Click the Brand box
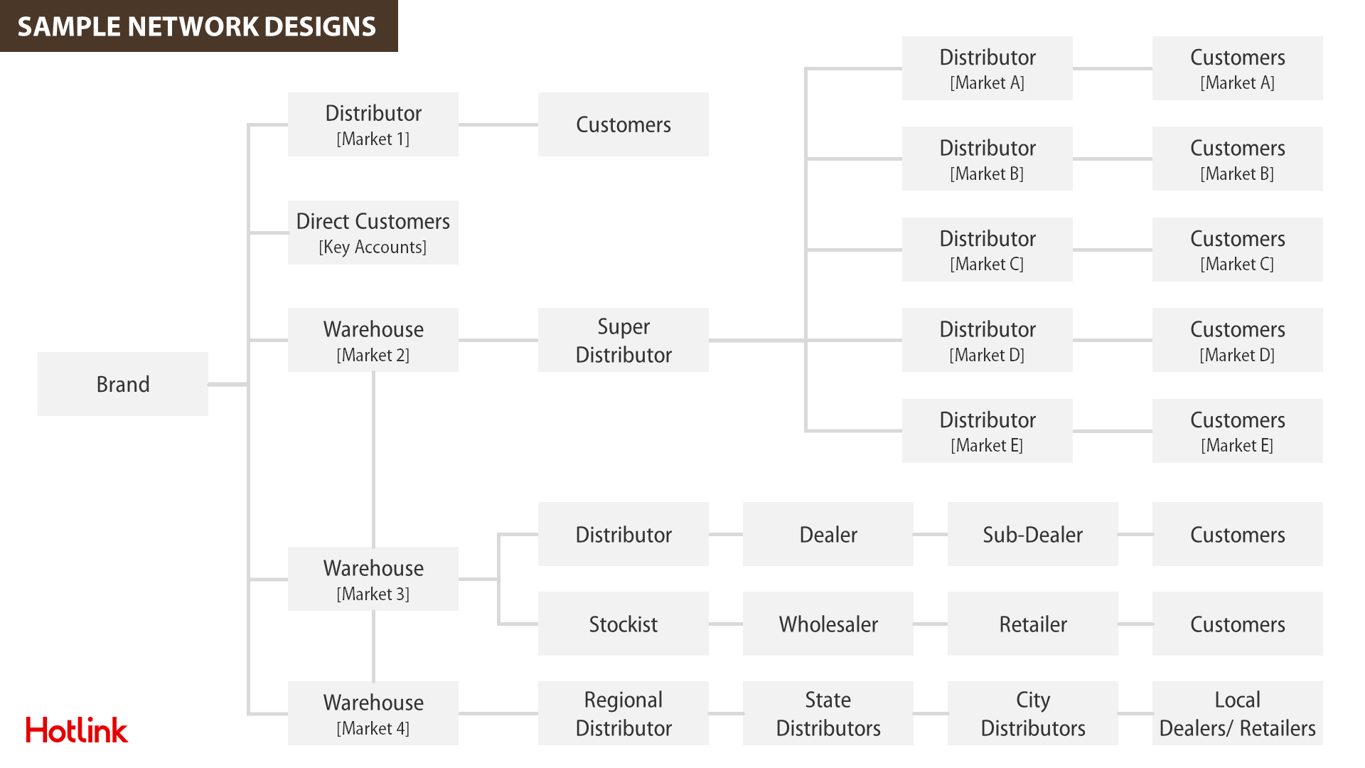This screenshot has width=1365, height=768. [123, 384]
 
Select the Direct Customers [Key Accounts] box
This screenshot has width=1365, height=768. [373, 233]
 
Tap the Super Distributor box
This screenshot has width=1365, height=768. [623, 340]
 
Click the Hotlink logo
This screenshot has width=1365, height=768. [77, 730]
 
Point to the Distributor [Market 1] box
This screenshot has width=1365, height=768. [373, 124]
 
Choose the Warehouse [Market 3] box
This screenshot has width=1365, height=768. [373, 579]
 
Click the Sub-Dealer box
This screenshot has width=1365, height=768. [1033, 534]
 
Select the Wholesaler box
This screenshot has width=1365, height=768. [828, 624]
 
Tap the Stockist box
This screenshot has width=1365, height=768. [623, 624]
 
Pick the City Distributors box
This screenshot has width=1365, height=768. [1033, 713]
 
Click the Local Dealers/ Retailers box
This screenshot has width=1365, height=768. [1238, 713]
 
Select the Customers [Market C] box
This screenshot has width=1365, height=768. [1238, 250]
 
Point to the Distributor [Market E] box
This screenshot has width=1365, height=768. [987, 431]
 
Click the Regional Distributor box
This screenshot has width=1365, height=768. [623, 713]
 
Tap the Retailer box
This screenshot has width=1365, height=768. [1033, 624]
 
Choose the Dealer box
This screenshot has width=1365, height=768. [828, 534]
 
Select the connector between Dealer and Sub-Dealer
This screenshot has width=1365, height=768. [931, 534]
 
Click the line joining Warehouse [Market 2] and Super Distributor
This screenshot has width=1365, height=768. [498, 340]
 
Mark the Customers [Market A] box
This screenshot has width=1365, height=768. [1238, 68]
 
